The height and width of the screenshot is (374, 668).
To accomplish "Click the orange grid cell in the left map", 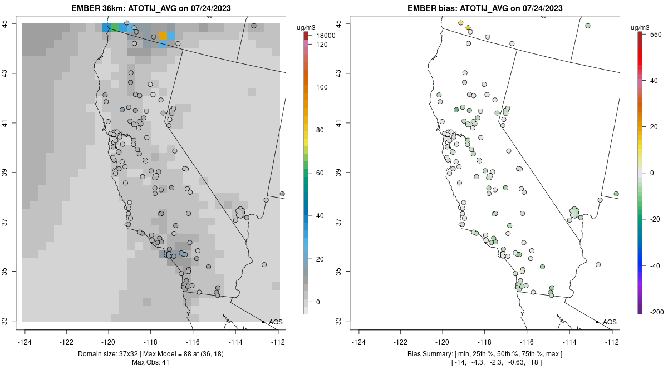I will coord(163,36).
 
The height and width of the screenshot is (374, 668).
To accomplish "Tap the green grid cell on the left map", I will coord(115,27).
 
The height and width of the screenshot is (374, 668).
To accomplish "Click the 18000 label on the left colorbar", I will coord(326,36).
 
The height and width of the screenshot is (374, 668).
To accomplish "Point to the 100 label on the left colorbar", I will coord(322,87).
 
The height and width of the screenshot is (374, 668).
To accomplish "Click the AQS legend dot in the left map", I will coord(263,322).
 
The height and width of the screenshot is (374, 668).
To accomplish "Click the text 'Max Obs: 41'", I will coord(150,362).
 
